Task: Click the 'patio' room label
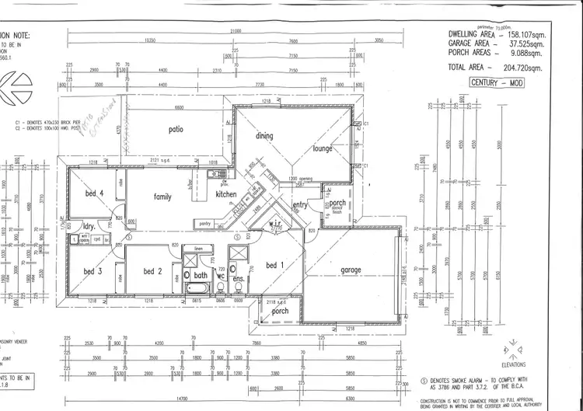tap(176, 129)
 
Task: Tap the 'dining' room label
tap(264, 136)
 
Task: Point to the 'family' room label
tap(162, 197)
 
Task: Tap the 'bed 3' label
tap(93, 271)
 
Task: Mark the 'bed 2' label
tap(152, 271)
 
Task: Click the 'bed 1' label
tap(275, 266)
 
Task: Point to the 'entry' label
tap(300, 204)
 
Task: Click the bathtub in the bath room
tap(197, 289)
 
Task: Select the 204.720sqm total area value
tap(528, 68)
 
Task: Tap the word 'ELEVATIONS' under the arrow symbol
tap(513, 364)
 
